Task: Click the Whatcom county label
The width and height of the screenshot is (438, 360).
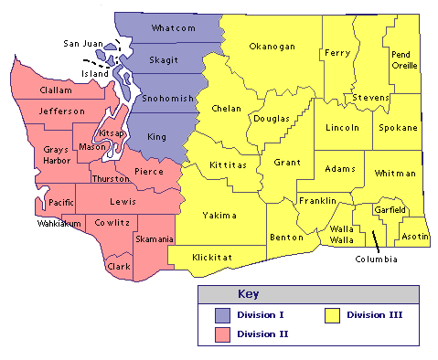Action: pos(174,28)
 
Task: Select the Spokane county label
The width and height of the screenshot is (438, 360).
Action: pos(398,127)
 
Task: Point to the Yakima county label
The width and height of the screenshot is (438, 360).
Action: pos(219,216)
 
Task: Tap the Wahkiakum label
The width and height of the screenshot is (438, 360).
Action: pos(59,223)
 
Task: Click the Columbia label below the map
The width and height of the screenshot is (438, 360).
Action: pos(377,259)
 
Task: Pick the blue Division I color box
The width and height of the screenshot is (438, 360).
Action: pos(220,315)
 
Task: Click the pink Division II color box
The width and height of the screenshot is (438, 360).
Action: pos(220,334)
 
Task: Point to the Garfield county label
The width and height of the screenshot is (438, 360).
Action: pos(390,210)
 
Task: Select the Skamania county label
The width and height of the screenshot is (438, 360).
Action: pos(155,238)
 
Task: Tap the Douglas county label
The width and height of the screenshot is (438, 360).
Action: pos(271,119)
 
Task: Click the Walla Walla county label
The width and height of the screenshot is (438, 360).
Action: pos(342,234)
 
